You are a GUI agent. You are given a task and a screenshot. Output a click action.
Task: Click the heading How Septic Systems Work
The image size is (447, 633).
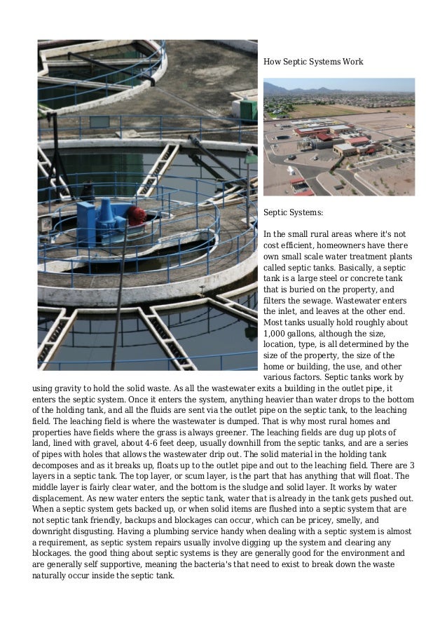[x=312, y=62]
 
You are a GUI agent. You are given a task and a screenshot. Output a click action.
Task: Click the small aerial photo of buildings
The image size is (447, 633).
[x=338, y=137]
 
